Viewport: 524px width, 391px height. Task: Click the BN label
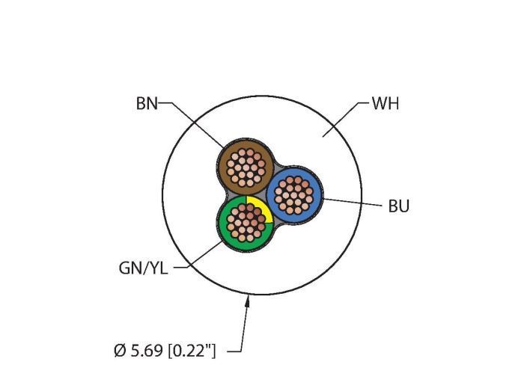pyautogui.click(x=147, y=103)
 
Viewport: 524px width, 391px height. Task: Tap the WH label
pyautogui.click(x=386, y=103)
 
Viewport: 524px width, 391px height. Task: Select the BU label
pyautogui.click(x=399, y=206)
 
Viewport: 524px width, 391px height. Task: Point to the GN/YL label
pyautogui.click(x=144, y=268)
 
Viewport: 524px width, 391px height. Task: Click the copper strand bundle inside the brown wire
pyautogui.click(x=246, y=167)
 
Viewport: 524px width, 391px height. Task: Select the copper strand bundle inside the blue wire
pyautogui.click(x=293, y=195)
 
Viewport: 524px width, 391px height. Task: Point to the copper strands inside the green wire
pyautogui.click(x=246, y=223)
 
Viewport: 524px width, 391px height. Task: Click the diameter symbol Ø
pyautogui.click(x=119, y=351)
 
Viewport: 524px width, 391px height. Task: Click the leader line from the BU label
pyautogui.click(x=353, y=202)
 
